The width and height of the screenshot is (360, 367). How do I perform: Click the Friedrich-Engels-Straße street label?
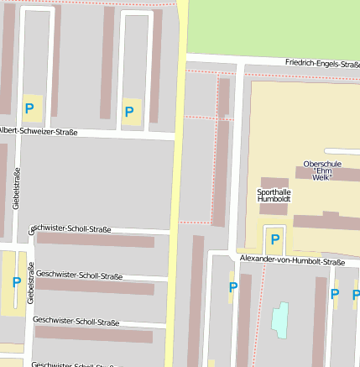click(x=321, y=63)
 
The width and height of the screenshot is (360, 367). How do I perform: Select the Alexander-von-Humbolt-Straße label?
click(x=291, y=262)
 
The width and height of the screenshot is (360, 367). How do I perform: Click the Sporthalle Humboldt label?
click(x=274, y=196)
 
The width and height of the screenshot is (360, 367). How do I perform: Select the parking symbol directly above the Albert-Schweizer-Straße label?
click(x=29, y=108)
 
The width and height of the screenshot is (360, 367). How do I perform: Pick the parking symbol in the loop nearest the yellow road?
click(x=129, y=112)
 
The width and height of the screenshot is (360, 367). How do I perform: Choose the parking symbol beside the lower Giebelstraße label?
click(x=15, y=282)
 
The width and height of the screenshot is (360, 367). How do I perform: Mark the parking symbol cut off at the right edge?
click(x=355, y=295)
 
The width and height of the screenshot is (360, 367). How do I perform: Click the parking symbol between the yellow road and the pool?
click(x=233, y=287)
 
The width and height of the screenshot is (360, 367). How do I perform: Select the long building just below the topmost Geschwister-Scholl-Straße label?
click(x=96, y=241)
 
